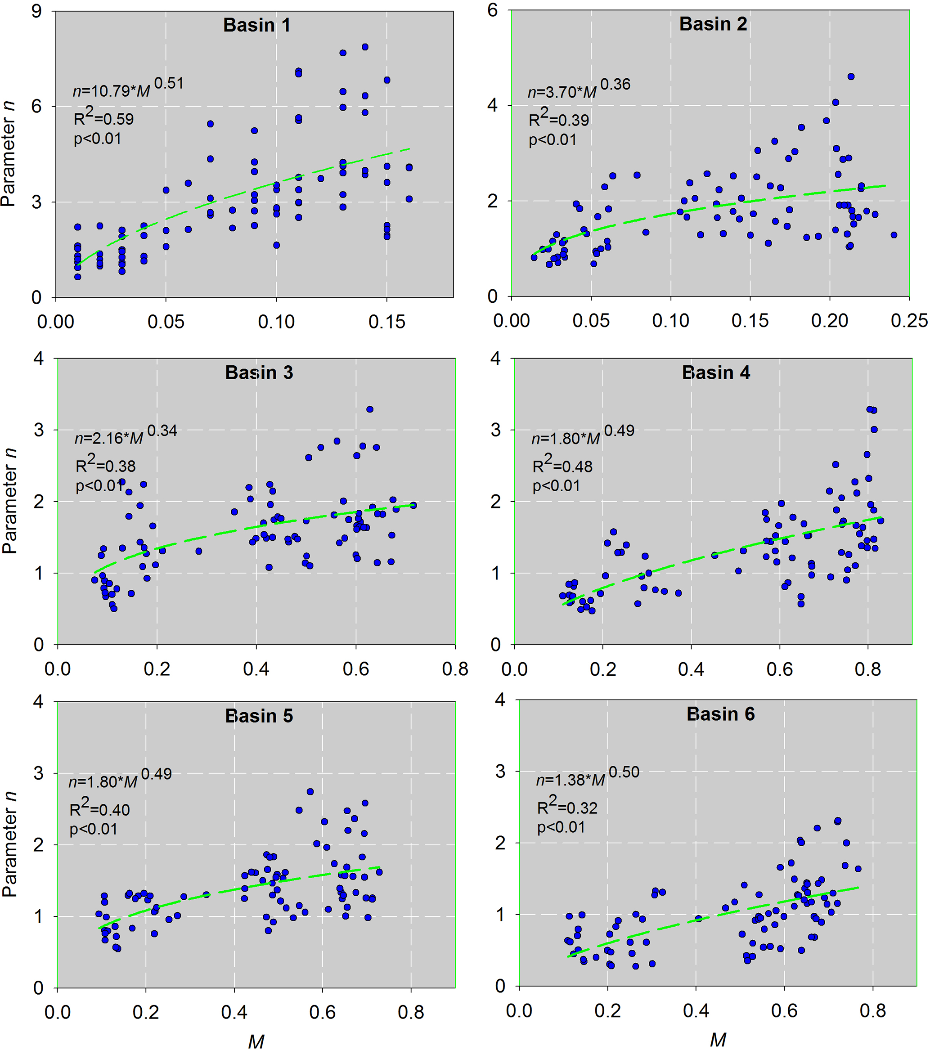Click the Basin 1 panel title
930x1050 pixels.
click(x=256, y=25)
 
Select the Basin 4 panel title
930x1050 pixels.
click(x=715, y=372)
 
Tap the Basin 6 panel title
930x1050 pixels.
click(x=720, y=714)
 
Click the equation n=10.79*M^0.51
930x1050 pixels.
click(x=128, y=88)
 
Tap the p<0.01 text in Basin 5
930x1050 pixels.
click(x=94, y=829)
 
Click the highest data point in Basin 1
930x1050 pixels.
click(x=365, y=47)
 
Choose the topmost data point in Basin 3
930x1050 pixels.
click(x=369, y=409)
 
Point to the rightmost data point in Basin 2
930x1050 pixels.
click(x=894, y=235)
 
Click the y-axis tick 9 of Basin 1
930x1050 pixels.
click(x=36, y=11)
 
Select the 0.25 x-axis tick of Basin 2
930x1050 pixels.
click(x=909, y=321)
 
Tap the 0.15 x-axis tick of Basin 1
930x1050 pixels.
click(x=386, y=322)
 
